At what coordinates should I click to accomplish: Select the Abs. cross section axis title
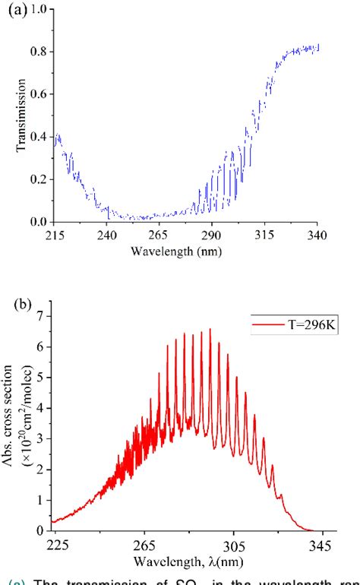pyautogui.click(x=17, y=423)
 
